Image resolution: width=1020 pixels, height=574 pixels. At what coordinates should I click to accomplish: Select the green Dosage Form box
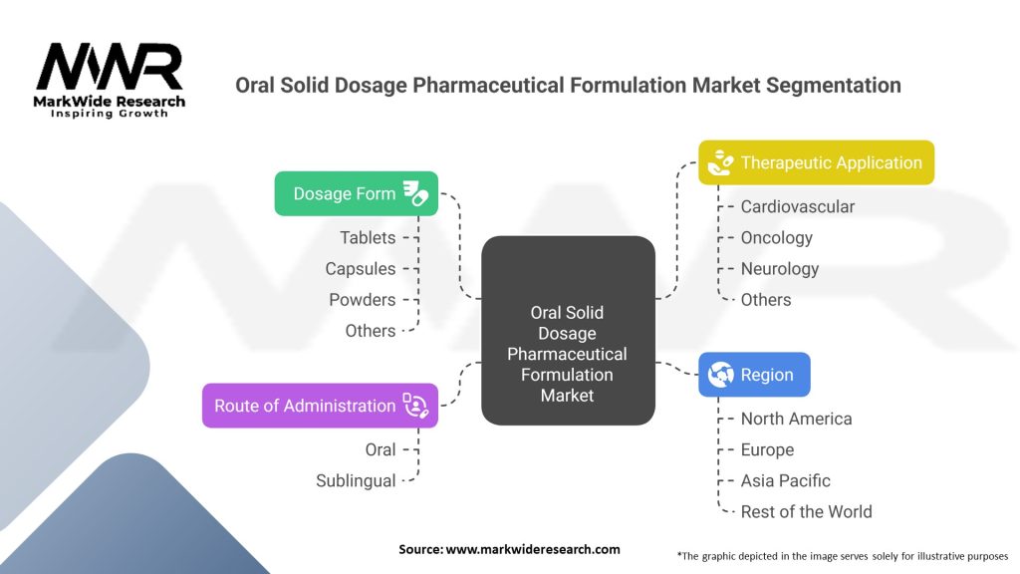(356, 193)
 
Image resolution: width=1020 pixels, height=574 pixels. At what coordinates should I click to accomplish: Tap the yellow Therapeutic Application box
(816, 162)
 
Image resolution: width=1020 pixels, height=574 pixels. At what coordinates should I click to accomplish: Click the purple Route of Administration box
(320, 406)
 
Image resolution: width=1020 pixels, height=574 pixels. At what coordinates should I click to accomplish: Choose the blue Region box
(754, 375)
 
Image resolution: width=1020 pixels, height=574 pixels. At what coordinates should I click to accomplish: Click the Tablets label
(368, 237)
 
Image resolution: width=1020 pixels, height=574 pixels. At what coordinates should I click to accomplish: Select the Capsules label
(360, 268)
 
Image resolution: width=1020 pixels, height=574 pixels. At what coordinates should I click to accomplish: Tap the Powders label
(362, 299)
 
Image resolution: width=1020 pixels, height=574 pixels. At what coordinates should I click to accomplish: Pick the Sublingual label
(356, 480)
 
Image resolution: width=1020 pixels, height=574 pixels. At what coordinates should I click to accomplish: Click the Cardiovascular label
(798, 206)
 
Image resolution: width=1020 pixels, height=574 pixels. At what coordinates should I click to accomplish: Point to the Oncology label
(777, 237)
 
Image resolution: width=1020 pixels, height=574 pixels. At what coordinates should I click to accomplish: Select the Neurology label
(780, 268)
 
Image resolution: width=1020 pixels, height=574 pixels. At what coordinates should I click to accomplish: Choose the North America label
(797, 419)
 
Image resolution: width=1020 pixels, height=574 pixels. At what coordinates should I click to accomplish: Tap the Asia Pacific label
(786, 480)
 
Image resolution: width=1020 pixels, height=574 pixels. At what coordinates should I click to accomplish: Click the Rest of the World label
(807, 511)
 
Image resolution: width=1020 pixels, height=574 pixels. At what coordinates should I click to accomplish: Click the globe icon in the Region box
(720, 375)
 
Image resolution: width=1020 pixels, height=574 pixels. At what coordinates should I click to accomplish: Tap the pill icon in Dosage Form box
(415, 193)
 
